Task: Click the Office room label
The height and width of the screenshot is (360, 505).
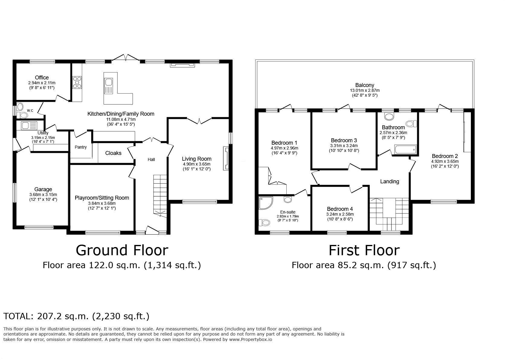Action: [x=42, y=78]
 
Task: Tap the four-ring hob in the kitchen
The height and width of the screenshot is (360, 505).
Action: [x=77, y=82]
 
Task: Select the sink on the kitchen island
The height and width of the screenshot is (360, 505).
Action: [x=108, y=82]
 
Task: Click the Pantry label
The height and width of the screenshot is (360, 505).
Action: [x=81, y=147]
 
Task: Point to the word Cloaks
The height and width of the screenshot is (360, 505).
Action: [x=113, y=153]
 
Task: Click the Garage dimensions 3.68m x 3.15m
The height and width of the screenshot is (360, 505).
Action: [x=43, y=194]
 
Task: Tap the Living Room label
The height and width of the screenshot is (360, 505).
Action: [x=196, y=159]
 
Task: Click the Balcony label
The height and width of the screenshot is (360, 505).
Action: [x=365, y=85]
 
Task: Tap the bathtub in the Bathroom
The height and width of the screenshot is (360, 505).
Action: [x=405, y=149]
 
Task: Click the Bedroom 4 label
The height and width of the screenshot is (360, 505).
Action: [x=340, y=209]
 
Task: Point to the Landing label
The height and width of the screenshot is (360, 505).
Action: [x=389, y=182]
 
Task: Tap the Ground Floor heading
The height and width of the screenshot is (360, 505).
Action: [x=122, y=250]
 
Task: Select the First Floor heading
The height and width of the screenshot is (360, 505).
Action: [x=364, y=250]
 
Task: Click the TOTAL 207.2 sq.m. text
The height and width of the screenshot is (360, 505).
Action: [x=76, y=316]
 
